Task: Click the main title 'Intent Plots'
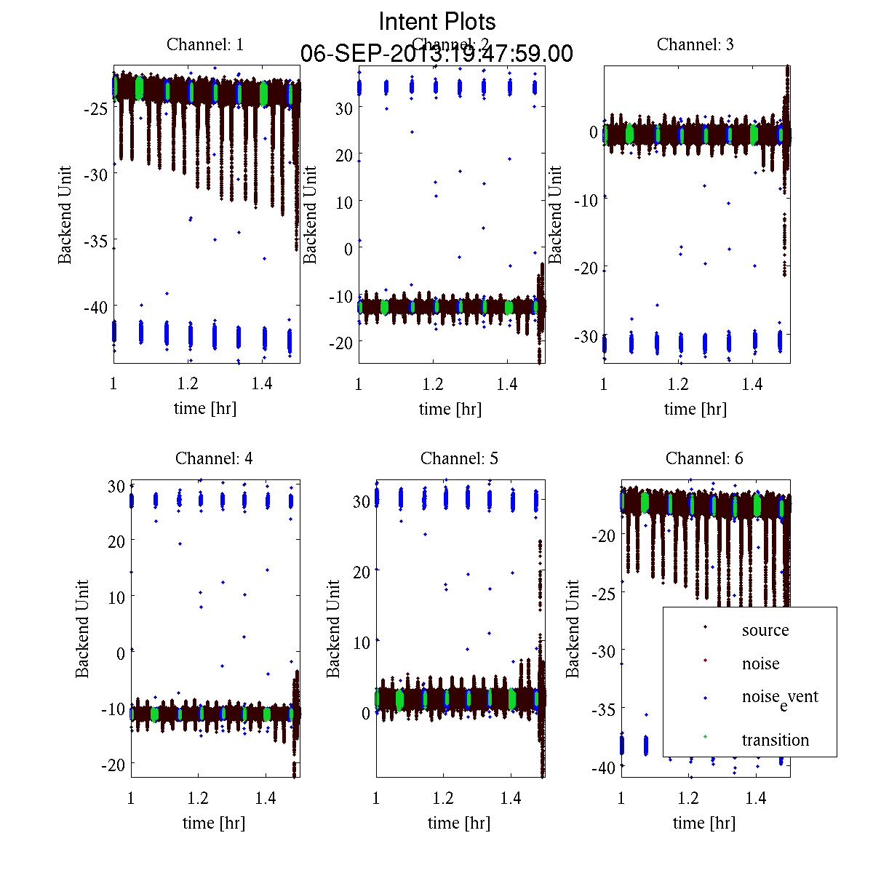pyautogui.click(x=437, y=22)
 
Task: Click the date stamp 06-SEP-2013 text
pyautogui.click(x=436, y=54)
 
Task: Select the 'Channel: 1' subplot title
pyautogui.click(x=205, y=44)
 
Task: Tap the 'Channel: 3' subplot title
pyautogui.click(x=695, y=44)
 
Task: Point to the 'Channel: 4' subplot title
pyautogui.click(x=214, y=458)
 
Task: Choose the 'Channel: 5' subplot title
pyautogui.click(x=459, y=458)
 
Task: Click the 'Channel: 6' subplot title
pyautogui.click(x=704, y=458)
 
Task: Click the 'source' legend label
pyautogui.click(x=765, y=630)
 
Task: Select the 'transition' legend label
pyautogui.click(x=775, y=740)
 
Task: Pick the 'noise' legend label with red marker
pyautogui.click(x=760, y=663)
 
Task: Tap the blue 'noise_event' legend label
pyautogui.click(x=779, y=698)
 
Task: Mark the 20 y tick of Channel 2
pyautogui.click(x=343, y=155)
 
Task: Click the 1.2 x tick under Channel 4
pyautogui.click(x=198, y=798)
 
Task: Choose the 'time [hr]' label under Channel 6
pyautogui.click(x=703, y=823)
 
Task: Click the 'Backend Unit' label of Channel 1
pyautogui.click(x=65, y=215)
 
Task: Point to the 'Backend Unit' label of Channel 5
pyautogui.click(x=333, y=629)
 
